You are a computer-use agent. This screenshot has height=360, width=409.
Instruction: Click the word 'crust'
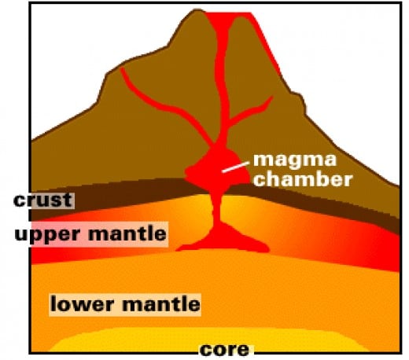(42, 200)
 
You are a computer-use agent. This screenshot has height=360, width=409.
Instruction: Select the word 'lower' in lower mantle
(82, 304)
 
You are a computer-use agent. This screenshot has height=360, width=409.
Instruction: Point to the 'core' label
(225, 350)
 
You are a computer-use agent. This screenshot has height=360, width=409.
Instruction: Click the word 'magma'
(295, 160)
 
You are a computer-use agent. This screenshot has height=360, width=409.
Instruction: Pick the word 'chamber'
(303, 179)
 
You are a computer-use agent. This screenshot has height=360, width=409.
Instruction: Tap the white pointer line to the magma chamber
(235, 167)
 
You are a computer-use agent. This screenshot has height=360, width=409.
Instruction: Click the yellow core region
(210, 340)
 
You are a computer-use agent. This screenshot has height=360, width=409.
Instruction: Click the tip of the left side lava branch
(122, 68)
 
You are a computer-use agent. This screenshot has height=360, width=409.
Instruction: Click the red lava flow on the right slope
(265, 45)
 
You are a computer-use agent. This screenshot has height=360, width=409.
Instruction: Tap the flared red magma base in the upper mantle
(223, 241)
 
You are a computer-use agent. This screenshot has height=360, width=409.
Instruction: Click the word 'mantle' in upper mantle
(127, 233)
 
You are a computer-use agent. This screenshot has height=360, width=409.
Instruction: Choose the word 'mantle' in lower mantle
(161, 304)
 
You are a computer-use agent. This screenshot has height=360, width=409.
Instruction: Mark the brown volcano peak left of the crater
(196, 12)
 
